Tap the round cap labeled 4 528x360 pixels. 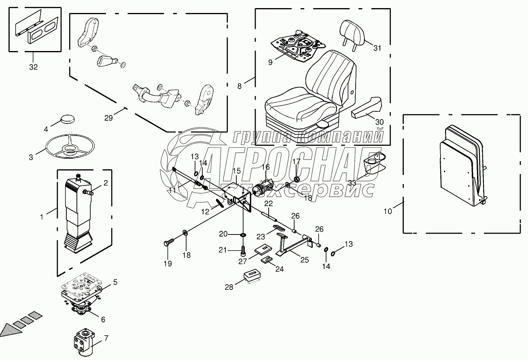click(x=67, y=120)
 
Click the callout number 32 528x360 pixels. click(x=33, y=67)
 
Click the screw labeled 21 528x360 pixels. click(x=243, y=250)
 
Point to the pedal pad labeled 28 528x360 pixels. click(x=252, y=277)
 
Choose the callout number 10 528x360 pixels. click(x=388, y=211)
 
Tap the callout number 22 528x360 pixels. click(x=269, y=203)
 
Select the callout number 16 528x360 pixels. click(x=265, y=166)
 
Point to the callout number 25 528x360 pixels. click(x=304, y=260)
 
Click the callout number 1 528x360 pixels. click(x=41, y=217)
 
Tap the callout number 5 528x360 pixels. click(x=115, y=282)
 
